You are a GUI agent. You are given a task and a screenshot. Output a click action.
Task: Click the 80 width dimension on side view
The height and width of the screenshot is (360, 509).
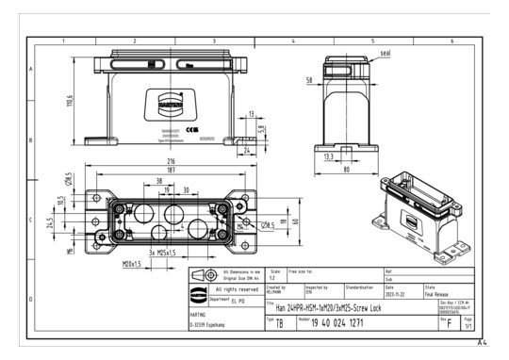pyautogui.click(x=345, y=170)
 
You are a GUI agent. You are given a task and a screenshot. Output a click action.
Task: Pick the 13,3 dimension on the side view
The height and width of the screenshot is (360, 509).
pyautogui.click(x=327, y=156)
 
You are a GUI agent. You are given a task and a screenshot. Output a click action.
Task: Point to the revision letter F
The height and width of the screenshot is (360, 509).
pyautogui.click(x=449, y=323)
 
